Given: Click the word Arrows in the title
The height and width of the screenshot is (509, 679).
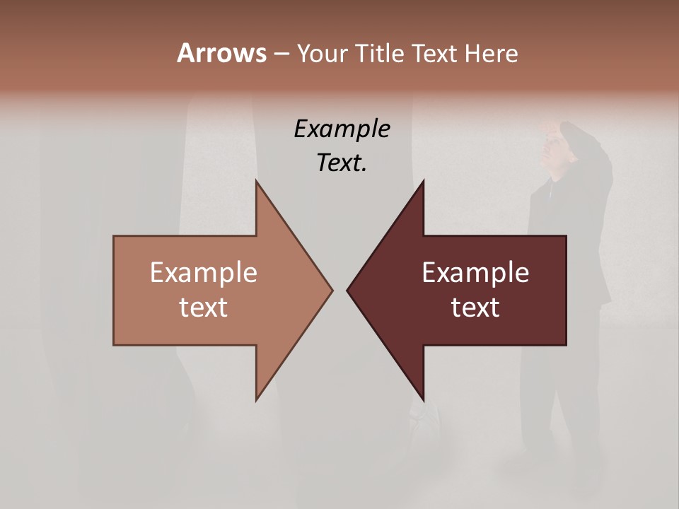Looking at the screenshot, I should click(x=221, y=53).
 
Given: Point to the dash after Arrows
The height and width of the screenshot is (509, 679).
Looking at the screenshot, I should click(x=281, y=54).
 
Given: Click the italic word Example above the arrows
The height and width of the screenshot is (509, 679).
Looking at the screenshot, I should click(x=342, y=129).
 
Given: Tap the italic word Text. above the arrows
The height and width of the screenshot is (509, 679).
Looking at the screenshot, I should click(x=342, y=163).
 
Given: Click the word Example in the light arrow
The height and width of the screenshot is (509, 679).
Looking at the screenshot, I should click(x=204, y=272).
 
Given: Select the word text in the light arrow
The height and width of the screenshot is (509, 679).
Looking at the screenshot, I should click(x=204, y=308).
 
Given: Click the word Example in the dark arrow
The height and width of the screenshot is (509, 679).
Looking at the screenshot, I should click(x=475, y=272).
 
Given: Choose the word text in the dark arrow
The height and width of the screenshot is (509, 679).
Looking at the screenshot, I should click(x=475, y=308).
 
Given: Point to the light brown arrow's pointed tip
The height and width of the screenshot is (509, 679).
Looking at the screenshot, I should click(x=332, y=290).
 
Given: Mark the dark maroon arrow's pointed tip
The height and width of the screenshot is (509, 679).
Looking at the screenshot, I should click(x=347, y=290).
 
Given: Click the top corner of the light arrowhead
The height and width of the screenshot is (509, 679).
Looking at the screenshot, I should click(x=256, y=182).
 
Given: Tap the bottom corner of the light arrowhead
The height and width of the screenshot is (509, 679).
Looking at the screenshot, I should click(x=256, y=399).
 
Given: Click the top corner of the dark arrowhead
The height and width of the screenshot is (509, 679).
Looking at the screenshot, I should click(x=423, y=182).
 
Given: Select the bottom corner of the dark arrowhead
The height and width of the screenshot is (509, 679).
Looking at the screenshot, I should click(x=423, y=399).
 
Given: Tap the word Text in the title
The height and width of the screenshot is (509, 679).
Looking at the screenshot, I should click(x=437, y=53).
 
